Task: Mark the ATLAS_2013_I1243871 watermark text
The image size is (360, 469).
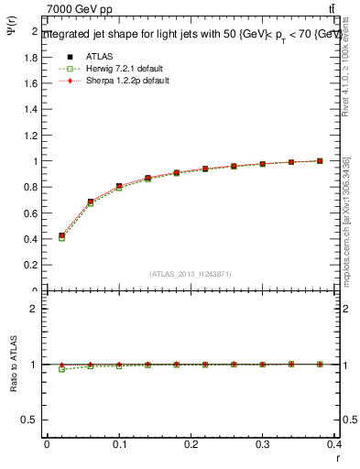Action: tap(191, 274)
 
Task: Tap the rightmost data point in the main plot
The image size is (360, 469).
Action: tap(320, 161)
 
